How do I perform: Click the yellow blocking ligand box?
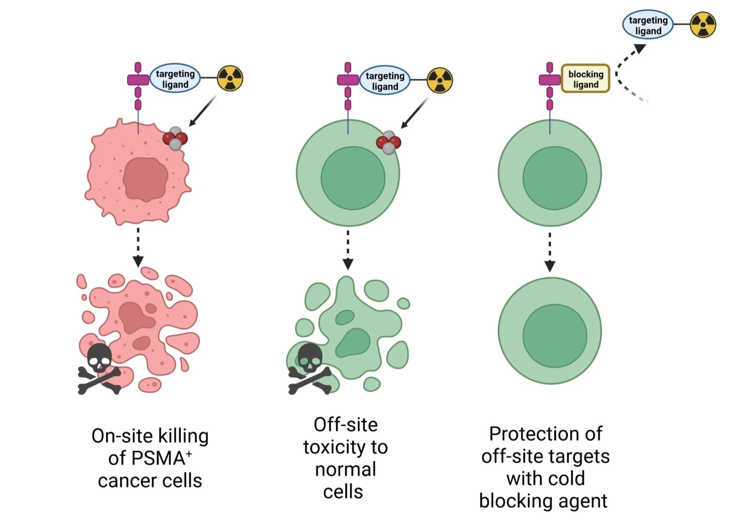tap(585, 79)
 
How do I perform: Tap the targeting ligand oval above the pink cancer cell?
tap(175, 79)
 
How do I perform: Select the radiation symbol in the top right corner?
tap(703, 25)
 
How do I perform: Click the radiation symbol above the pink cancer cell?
tap(230, 78)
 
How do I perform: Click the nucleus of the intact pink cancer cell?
tap(145, 179)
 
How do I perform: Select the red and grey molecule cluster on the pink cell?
tap(175, 139)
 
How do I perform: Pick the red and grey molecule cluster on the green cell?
tap(388, 142)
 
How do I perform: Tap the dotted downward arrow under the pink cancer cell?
tap(138, 247)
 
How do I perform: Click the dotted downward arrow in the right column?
tap(549, 253)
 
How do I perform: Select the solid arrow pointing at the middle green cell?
tap(415, 113)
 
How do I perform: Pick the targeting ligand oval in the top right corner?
tap(648, 25)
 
